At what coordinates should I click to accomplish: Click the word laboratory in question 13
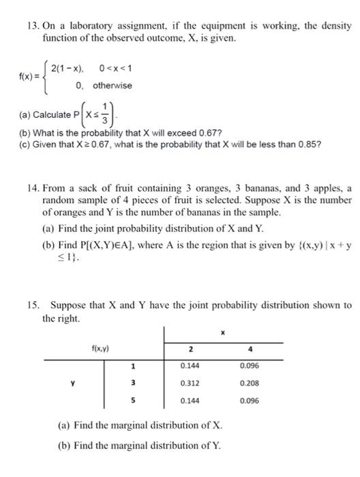pyautogui.click(x=85, y=26)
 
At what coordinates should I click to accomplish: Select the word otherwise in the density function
pyautogui.click(x=112, y=86)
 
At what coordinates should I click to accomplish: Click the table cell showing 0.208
pyautogui.click(x=250, y=382)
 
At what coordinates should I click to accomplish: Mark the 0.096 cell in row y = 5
pyautogui.click(x=250, y=400)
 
